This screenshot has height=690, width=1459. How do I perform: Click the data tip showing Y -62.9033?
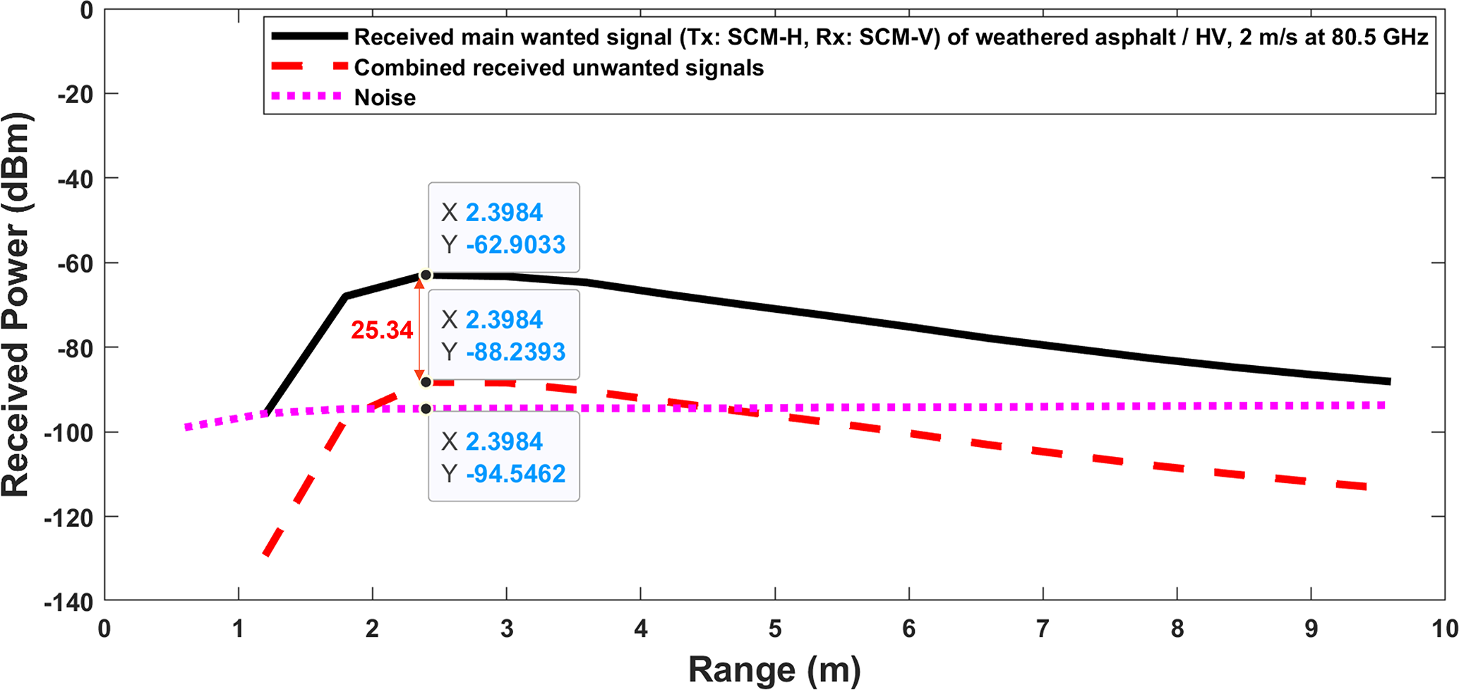pyautogui.click(x=503, y=227)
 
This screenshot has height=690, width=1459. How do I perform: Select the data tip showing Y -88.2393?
pyautogui.click(x=503, y=335)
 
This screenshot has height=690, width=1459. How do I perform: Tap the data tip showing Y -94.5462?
pyautogui.click(x=503, y=456)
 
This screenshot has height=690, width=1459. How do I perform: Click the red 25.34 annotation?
pyautogui.click(x=382, y=330)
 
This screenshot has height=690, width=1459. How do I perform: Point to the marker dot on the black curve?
pyautogui.click(x=426, y=275)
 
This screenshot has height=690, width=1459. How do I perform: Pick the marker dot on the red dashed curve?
pyautogui.click(x=426, y=382)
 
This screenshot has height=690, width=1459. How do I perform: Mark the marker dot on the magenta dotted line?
pyautogui.click(x=426, y=409)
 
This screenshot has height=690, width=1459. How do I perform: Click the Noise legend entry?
pyautogui.click(x=385, y=97)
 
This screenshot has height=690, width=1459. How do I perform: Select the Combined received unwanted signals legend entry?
pyautogui.click(x=558, y=68)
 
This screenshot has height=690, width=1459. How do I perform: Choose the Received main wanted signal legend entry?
pyautogui.click(x=891, y=37)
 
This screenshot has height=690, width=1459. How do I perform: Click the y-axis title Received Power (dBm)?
pyautogui.click(x=16, y=304)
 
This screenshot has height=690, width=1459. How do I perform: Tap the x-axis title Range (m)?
pyautogui.click(x=774, y=669)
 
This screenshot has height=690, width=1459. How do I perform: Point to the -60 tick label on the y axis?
pyautogui.click(x=76, y=263)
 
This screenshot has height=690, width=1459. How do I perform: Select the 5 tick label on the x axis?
pyautogui.click(x=775, y=629)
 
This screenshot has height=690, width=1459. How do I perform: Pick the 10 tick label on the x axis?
pyautogui.click(x=1444, y=629)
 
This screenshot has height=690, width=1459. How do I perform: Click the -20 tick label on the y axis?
pyautogui.click(x=76, y=93)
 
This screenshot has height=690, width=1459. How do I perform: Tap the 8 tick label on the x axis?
pyautogui.click(x=1177, y=629)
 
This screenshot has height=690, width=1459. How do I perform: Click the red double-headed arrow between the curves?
pyautogui.click(x=419, y=328)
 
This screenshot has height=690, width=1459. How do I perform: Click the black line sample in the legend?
pyautogui.click(x=309, y=36)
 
